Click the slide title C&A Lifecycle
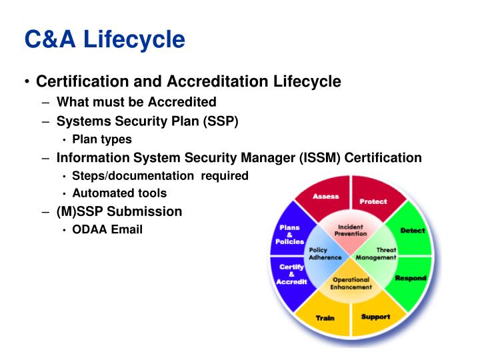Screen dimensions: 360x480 pos(105,39)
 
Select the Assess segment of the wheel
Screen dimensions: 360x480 pos(325,197)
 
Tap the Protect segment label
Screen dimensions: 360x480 pos(373,201)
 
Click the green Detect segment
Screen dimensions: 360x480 pos(412,231)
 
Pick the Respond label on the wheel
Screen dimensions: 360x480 pos(410,278)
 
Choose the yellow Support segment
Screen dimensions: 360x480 pos(375,316)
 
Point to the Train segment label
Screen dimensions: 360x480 pos(325,318)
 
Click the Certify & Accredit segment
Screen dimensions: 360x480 pos(291,274)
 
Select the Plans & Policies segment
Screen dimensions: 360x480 pos(290,235)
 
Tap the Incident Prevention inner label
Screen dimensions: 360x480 pos(351,230)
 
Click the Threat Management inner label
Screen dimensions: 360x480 pos(377,253)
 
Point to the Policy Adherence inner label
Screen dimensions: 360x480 pos(325,253)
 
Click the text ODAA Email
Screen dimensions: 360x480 pos(107,230)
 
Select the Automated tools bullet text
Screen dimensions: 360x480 pos(119,193)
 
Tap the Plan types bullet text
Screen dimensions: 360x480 pos(102,139)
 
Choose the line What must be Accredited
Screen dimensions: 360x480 pos(136,102)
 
